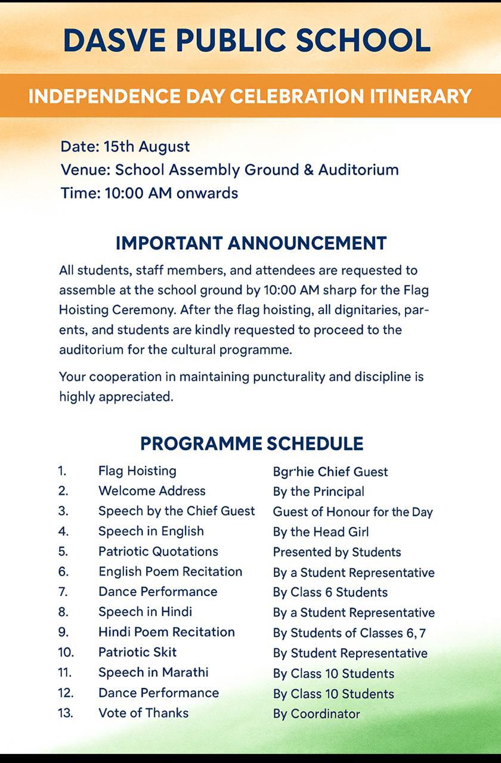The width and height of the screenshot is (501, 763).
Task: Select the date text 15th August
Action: [x=147, y=147]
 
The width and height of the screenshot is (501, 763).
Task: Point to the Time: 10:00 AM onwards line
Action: [x=149, y=193]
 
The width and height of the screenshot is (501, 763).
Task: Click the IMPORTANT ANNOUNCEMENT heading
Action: [x=251, y=243]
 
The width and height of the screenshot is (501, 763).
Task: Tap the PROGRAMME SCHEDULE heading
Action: [x=251, y=443]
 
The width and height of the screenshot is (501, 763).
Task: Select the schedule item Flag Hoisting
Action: [x=137, y=471]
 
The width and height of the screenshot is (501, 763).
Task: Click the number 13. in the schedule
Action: [x=66, y=713]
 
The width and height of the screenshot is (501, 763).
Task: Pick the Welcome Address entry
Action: [x=151, y=491]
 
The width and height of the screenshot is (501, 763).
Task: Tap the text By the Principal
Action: [x=318, y=492]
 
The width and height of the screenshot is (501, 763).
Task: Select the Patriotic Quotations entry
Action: [x=158, y=551]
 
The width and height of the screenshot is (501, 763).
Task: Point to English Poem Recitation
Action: [x=170, y=572]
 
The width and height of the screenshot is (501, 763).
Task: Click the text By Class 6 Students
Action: [x=330, y=593]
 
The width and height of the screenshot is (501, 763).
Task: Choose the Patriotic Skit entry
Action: [x=137, y=652]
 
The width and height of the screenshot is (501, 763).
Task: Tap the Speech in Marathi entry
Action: [x=153, y=672]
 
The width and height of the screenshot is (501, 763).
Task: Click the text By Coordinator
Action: [x=317, y=714]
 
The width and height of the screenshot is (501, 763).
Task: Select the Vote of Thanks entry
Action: [x=143, y=713]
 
